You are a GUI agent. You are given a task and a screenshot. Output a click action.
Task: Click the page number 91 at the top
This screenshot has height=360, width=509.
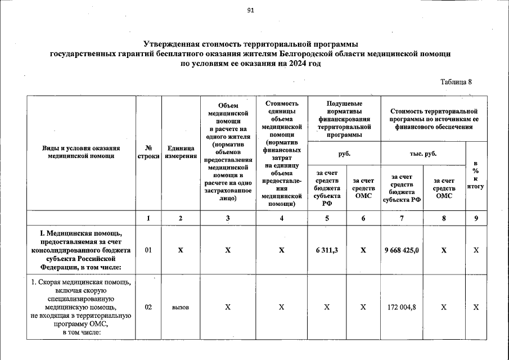point(250,10)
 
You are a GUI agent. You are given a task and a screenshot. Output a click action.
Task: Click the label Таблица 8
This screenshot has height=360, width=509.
point(456,82)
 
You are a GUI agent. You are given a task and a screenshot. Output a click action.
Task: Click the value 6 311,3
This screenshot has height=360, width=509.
point(327,250)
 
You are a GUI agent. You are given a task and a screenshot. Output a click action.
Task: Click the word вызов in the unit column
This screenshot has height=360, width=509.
point(181,308)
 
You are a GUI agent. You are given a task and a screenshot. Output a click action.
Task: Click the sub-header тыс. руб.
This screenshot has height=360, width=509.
point(423,153)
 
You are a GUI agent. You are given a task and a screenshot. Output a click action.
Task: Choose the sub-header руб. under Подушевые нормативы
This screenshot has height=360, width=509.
point(344,153)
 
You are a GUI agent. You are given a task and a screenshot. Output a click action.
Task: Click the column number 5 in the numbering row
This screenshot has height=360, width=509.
point(327,219)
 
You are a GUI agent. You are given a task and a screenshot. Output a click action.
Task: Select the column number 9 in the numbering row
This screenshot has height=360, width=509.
point(476,219)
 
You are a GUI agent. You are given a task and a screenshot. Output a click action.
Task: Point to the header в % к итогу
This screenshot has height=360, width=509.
point(476,174)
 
